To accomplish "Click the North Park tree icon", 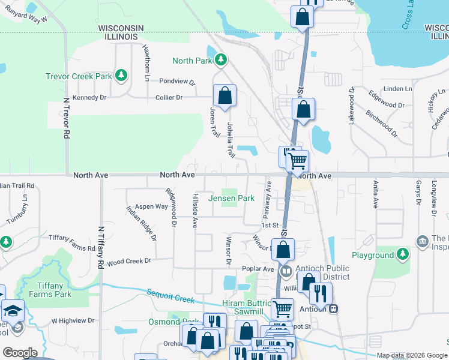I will point(221,60).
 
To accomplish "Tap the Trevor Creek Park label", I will point(79,76).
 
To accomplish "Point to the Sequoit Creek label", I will point(171,292).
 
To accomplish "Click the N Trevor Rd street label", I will point(65,119).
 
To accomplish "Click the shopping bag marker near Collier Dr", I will point(224,95).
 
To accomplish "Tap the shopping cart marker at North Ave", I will point(297,161).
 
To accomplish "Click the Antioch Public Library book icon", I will point(286,271).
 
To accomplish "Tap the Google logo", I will point(20,353).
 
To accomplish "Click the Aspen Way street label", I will point(151,206).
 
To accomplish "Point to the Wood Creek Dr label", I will point(129,261).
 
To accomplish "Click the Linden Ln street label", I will point(398,89).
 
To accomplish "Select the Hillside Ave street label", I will point(194,211).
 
